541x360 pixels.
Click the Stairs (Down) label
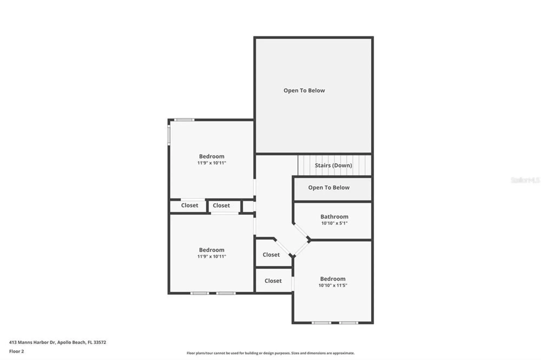(x=333, y=165)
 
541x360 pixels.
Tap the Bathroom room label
(x=334, y=216)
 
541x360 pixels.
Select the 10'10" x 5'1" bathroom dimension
(x=334, y=223)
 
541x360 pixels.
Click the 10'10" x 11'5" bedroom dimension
(x=333, y=285)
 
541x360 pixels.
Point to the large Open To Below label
(x=304, y=91)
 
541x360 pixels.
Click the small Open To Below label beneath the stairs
(x=329, y=188)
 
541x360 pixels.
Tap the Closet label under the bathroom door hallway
(x=271, y=255)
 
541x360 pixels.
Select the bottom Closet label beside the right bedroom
(x=273, y=281)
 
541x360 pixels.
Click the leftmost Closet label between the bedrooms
(x=190, y=205)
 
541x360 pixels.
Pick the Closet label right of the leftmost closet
(x=221, y=205)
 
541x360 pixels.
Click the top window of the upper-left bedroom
(x=184, y=120)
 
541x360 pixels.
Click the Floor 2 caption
(x=17, y=351)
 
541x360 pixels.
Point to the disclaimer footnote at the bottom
(x=270, y=353)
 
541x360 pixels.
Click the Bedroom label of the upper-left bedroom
(x=212, y=156)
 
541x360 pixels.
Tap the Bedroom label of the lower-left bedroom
(x=212, y=250)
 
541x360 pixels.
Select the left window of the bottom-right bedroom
(x=321, y=323)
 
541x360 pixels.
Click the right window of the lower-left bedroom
(x=226, y=293)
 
